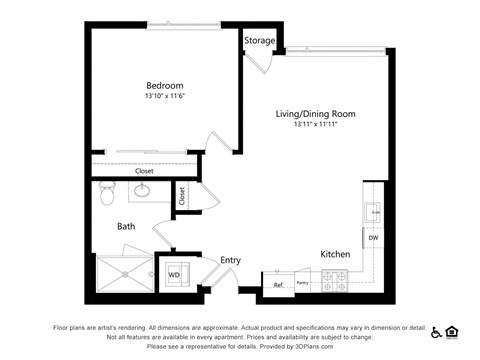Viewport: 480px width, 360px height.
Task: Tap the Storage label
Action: [x=259, y=41]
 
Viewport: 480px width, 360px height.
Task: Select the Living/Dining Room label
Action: [x=315, y=114]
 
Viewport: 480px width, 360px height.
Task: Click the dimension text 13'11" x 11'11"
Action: [x=315, y=126]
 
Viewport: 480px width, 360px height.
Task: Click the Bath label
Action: [x=126, y=226]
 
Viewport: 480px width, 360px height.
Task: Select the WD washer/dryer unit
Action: [x=173, y=272]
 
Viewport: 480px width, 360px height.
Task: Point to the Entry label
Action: [x=230, y=260]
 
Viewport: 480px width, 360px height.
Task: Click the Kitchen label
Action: [x=334, y=254]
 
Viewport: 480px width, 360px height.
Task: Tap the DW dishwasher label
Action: [x=372, y=237]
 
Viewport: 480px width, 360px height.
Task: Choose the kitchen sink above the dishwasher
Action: [x=372, y=211]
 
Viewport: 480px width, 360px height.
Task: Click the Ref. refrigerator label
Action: [x=278, y=285]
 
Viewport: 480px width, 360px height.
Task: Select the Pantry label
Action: [x=302, y=284]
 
